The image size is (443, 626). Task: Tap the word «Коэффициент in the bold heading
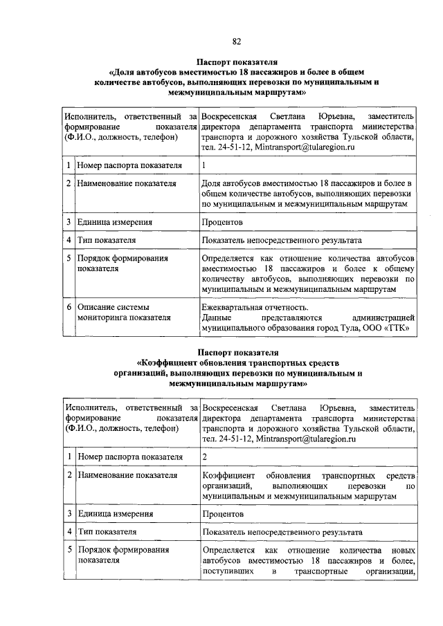pos(172,362)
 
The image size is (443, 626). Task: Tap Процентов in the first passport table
pos(223,222)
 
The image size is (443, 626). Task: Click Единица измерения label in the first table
pos(114,222)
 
